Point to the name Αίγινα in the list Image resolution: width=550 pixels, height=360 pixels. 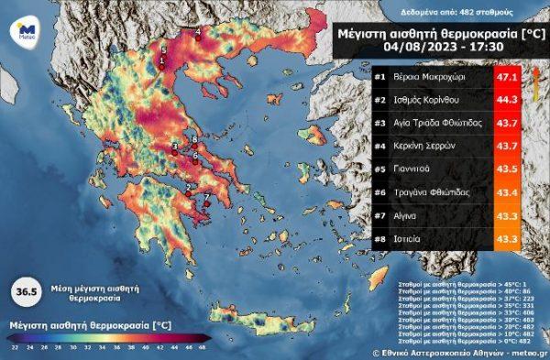[x=404, y=216]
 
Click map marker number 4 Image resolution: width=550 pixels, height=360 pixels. [x=198, y=33]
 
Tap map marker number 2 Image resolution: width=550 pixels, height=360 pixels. [x=188, y=188]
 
